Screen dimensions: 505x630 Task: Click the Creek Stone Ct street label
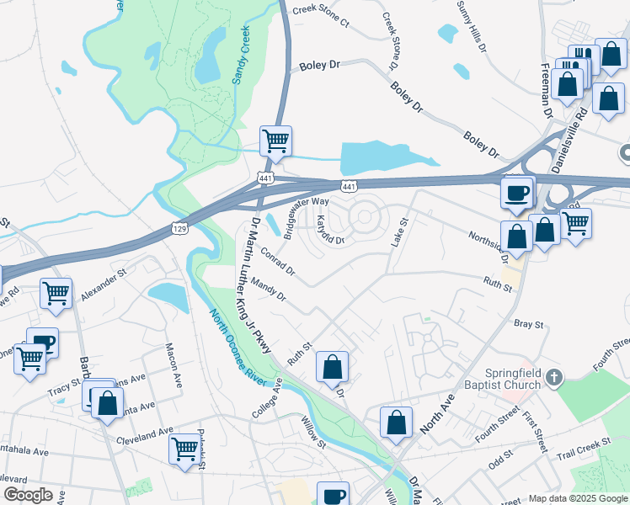(319, 18)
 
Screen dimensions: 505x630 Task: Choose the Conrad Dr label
(277, 261)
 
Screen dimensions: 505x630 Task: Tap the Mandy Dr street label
(269, 291)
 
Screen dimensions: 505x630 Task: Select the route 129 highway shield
(179, 228)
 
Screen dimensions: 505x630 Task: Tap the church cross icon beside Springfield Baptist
(553, 376)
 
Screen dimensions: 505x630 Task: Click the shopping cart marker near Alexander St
(56, 294)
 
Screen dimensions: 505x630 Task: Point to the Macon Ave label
(174, 360)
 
